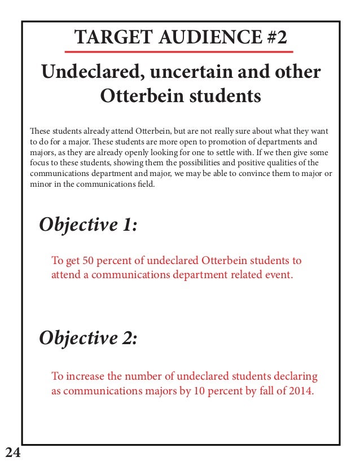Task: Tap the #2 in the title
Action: tap(274, 38)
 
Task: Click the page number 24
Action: tap(12, 451)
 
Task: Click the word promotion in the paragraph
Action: tap(227, 142)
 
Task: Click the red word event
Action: tap(279, 276)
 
